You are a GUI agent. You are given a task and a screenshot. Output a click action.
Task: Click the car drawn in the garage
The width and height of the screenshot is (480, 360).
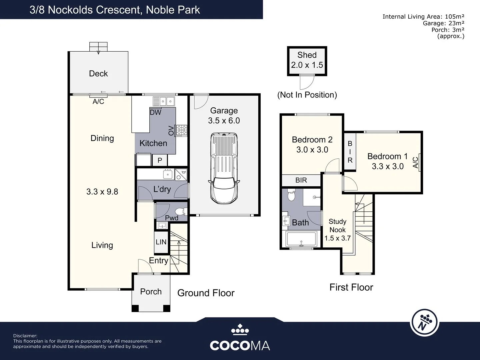click(224, 168)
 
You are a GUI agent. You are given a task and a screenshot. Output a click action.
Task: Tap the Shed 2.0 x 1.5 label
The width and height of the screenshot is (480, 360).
click(307, 60)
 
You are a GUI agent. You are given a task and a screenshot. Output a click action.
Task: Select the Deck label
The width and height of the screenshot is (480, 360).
click(98, 73)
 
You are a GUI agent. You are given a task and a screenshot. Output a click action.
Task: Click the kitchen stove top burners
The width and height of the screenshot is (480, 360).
click(182, 130)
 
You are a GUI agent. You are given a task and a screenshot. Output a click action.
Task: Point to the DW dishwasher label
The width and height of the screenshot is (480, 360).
click(155, 112)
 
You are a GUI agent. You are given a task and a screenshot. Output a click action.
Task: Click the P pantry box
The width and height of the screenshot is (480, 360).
click(160, 160)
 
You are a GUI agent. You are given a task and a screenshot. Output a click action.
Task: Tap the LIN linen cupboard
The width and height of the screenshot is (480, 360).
click(161, 242)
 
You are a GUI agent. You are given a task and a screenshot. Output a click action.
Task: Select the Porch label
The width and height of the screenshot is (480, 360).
click(151, 292)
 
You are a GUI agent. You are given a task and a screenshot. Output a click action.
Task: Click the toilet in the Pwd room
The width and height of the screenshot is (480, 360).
click(181, 211)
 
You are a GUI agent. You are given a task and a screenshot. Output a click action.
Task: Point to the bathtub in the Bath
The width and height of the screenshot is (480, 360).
click(301, 239)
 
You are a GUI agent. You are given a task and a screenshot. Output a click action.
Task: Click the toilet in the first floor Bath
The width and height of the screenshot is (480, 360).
click(291, 195)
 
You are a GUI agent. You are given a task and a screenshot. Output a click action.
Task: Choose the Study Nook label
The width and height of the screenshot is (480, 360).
click(337, 226)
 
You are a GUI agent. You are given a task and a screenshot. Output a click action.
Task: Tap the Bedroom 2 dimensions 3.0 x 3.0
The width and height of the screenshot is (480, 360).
click(312, 150)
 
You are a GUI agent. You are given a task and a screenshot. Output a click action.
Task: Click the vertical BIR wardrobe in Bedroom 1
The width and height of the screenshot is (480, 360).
click(350, 152)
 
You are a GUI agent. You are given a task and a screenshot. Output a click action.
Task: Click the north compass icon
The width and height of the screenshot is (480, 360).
click(424, 322)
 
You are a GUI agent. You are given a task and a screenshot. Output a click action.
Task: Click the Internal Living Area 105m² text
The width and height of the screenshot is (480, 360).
click(423, 17)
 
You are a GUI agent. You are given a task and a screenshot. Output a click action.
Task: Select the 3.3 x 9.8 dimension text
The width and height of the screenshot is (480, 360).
click(102, 192)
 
